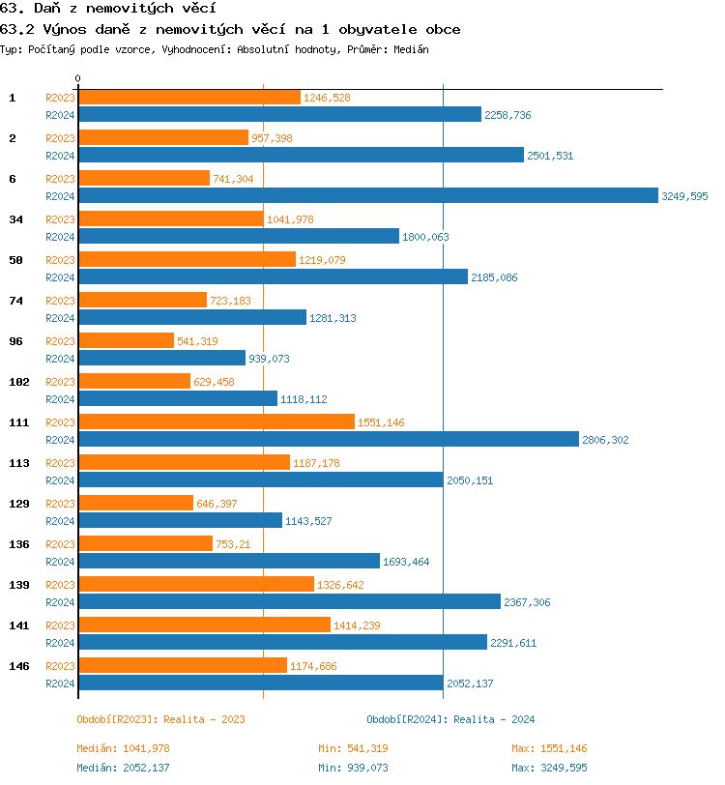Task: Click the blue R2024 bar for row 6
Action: pyautogui.click(x=367, y=195)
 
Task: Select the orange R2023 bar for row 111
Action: pyautogui.click(x=216, y=422)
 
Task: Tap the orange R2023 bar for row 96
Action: pyautogui.click(x=126, y=340)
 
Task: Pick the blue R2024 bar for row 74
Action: pyautogui.click(x=191, y=317)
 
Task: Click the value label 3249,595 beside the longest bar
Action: pyautogui.click(x=684, y=196)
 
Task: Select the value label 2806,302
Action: pyautogui.click(x=605, y=440)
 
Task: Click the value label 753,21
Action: pyautogui.click(x=233, y=544)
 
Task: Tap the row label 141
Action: pyautogui.click(x=18, y=625)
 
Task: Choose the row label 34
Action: pyautogui.click(x=15, y=219)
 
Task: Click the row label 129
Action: pyautogui.click(x=18, y=504)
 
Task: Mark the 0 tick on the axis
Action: pyautogui.click(x=78, y=78)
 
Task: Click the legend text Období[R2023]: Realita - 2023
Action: pyautogui.click(x=160, y=719)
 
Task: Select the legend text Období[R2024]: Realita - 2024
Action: pyautogui.click(x=450, y=719)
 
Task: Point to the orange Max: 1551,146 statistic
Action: pyautogui.click(x=549, y=748)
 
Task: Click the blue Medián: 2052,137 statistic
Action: pyautogui.click(x=123, y=768)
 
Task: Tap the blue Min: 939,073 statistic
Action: pyautogui.click(x=353, y=768)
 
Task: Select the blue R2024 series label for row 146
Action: pyautogui.click(x=61, y=683)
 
